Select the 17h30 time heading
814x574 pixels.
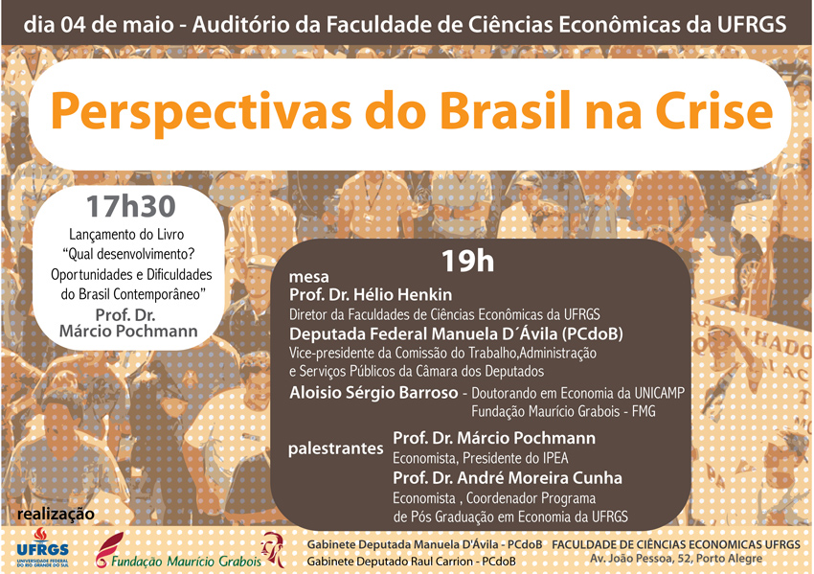pos(131,206)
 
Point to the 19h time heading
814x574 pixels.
pos(467,261)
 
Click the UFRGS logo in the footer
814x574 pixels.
pos(42,548)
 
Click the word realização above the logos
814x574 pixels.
pos(57,515)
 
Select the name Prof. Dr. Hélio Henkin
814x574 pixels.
pos(371,294)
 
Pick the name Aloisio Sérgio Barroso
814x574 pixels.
pos(373,392)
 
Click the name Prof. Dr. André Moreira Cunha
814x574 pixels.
pos(508,478)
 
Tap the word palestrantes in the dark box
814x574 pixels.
pos(336,448)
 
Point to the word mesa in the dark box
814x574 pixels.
pos(309,277)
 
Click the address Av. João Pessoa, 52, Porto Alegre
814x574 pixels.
pos(676,559)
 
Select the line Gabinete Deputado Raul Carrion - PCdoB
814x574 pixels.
pos(411,562)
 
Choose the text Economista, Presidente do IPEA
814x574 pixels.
pos(480,458)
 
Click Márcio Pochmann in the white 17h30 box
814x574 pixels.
pos(128,331)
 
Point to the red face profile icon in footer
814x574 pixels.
pos(274,550)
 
